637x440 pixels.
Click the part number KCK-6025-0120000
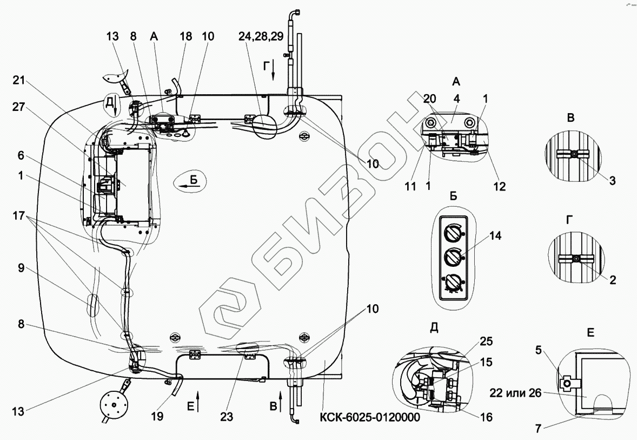tap(369, 418)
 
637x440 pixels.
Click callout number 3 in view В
tap(613, 181)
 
